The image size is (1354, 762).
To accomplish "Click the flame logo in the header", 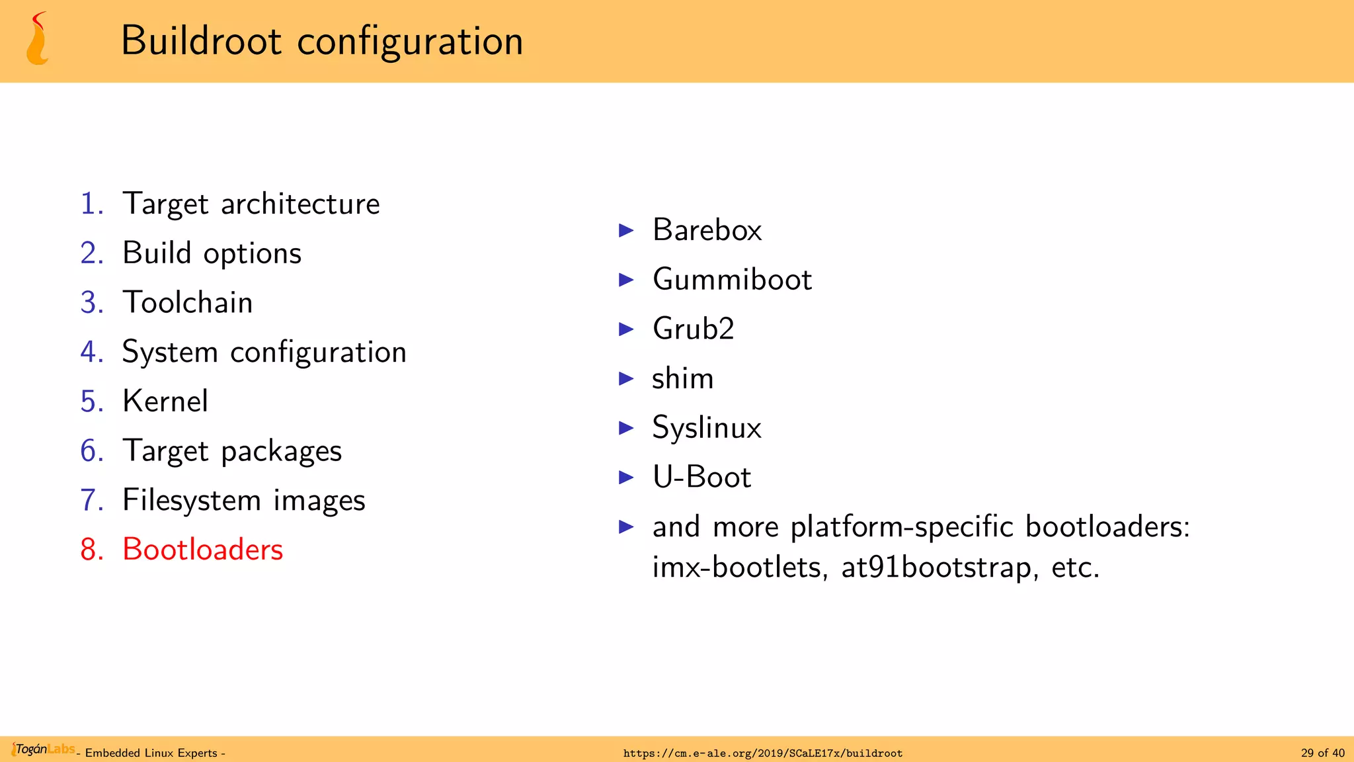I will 38,40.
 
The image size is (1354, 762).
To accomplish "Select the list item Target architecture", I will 251,204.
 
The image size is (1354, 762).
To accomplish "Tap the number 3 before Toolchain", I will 91,303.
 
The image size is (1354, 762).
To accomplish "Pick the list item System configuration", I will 264,352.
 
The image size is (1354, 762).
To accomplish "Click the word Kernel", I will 165,402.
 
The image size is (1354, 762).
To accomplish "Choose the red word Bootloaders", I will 202,550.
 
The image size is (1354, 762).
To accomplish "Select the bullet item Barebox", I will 707,230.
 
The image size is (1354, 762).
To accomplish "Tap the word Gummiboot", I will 732,280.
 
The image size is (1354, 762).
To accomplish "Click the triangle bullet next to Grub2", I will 626,329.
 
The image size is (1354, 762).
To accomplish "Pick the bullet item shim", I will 682,378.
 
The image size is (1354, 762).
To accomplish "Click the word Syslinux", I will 707,428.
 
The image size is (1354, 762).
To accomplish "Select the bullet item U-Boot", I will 701,477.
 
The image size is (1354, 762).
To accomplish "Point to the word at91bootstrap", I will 936,568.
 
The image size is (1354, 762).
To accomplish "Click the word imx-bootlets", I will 736,568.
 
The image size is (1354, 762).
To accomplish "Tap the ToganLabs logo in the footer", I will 44,749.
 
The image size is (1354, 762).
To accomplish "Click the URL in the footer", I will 762,753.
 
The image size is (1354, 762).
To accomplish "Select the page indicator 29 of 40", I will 1322,753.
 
